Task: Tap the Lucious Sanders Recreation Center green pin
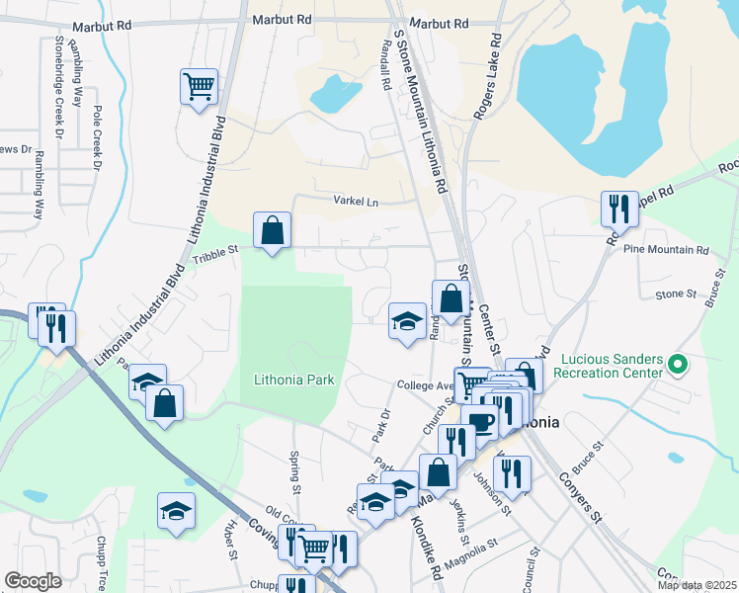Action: pos(676,366)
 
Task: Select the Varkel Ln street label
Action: pos(360,203)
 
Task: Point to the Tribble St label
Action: pos(215,254)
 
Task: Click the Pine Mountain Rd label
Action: pos(666,251)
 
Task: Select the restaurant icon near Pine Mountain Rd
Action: pos(618,208)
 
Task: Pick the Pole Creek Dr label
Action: pos(97,138)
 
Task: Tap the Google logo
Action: pos(33,581)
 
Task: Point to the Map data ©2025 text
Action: pos(696,585)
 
